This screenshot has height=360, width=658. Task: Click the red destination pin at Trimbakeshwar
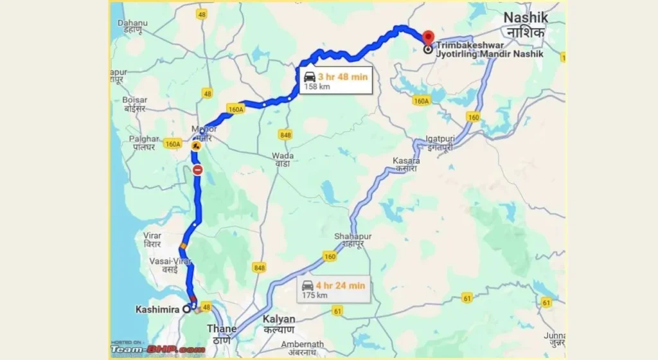tap(428, 37)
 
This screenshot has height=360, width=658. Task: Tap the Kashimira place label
tap(157, 309)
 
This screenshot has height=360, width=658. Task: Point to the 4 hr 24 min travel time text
tap(342, 285)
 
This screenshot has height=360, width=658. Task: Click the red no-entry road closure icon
tap(198, 170)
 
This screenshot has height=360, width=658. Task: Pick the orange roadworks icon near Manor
tap(196, 146)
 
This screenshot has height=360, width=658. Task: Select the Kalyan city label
tap(279, 319)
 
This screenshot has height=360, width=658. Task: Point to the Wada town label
tap(283, 156)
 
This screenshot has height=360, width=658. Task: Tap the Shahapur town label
tap(352, 237)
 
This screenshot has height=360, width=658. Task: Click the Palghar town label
tap(143, 139)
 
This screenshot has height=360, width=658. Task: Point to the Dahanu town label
tap(132, 23)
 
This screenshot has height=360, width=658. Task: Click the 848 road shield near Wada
tap(285, 134)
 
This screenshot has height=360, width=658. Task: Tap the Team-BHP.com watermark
tap(157, 350)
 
